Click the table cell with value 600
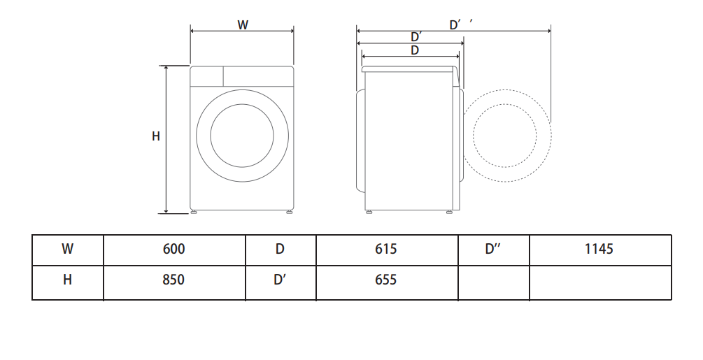[174, 250]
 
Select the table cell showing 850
[174, 282]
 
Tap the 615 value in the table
[386, 250]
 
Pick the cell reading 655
[386, 282]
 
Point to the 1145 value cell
[600, 250]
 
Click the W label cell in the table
[68, 250]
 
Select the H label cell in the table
[68, 282]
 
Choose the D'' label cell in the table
[494, 250]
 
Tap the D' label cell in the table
[281, 282]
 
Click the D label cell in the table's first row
[281, 250]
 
